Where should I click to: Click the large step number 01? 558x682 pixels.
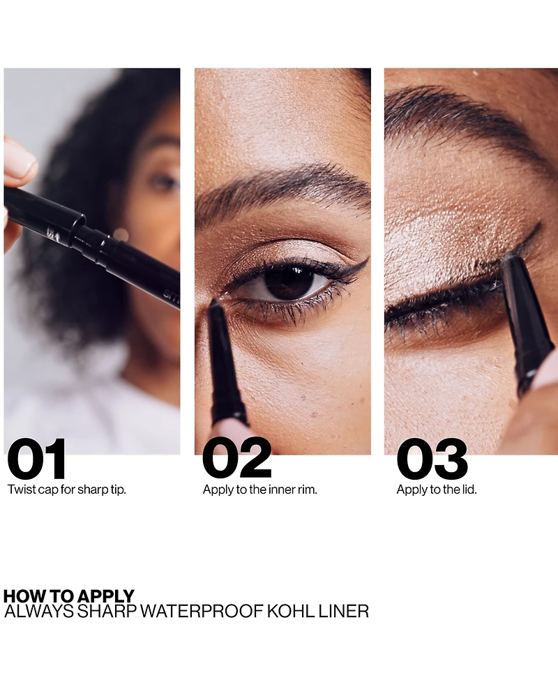coord(37,460)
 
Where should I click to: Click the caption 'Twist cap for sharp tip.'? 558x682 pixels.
coord(67,490)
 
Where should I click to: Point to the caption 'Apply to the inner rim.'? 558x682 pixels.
coord(259,490)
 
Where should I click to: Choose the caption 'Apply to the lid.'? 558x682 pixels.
coord(437,490)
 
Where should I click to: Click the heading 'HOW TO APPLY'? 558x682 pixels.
coord(69,596)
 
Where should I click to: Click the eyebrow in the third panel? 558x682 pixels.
coord(460,115)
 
